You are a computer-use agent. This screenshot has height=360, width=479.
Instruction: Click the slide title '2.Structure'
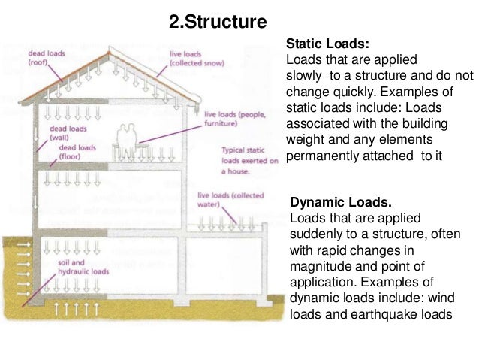click(218, 22)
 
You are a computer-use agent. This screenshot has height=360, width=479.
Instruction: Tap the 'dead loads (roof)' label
click(46, 58)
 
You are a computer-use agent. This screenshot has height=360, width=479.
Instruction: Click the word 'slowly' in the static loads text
click(304, 76)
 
